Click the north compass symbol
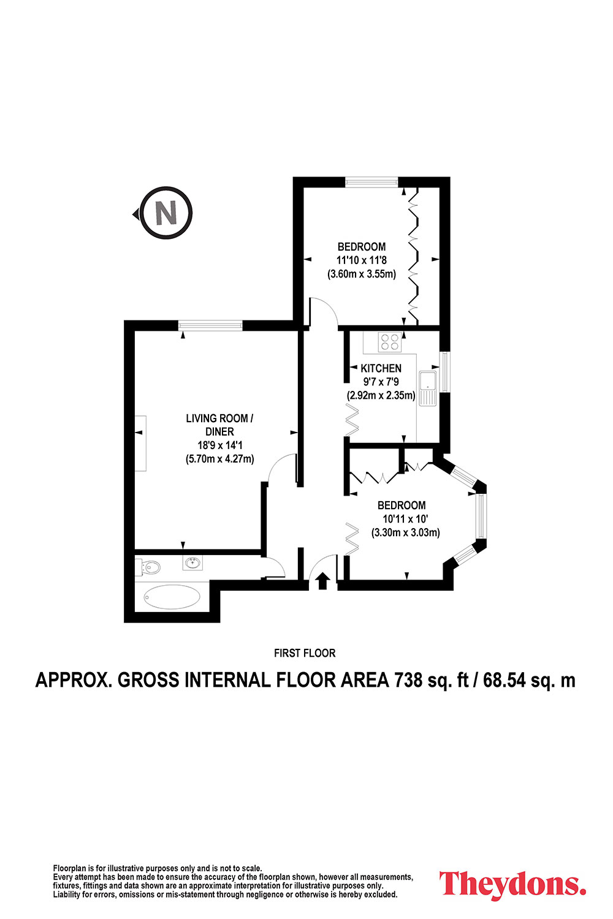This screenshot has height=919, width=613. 166,213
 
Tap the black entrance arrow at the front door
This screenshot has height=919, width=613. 322,581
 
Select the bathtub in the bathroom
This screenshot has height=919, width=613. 172,597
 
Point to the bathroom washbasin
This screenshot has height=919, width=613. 192,562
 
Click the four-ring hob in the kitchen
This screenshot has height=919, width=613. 390,342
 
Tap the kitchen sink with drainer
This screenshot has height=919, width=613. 428,388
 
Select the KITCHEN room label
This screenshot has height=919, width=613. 381,368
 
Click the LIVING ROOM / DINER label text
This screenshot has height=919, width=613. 219,425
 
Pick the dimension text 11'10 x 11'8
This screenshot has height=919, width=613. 361,260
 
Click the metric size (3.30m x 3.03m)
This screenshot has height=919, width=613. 406,532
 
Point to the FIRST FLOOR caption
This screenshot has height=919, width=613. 305,653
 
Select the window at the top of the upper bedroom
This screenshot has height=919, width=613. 371,182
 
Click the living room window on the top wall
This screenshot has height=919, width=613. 210,325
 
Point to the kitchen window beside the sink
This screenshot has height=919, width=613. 444,371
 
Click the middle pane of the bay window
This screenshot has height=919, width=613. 481,516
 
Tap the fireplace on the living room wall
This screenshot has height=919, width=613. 140,443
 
